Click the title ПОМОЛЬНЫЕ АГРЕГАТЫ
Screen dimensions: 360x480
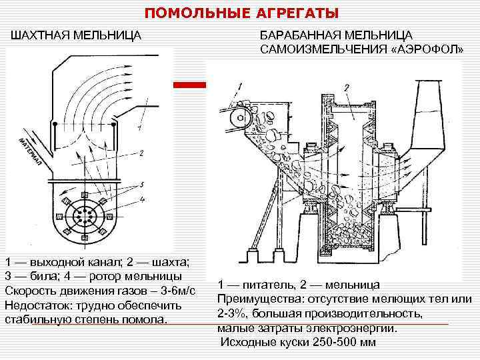[242, 13]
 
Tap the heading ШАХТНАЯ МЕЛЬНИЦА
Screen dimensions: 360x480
[75, 34]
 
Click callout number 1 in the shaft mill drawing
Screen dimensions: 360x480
[138, 127]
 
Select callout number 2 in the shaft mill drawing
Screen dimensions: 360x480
[141, 153]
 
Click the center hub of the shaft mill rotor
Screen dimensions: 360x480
[83, 217]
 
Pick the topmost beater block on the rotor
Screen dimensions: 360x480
[83, 195]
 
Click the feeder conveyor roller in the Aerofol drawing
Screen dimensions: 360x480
[235, 119]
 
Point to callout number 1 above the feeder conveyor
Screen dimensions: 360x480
[240, 86]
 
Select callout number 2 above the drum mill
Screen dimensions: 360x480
[347, 87]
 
